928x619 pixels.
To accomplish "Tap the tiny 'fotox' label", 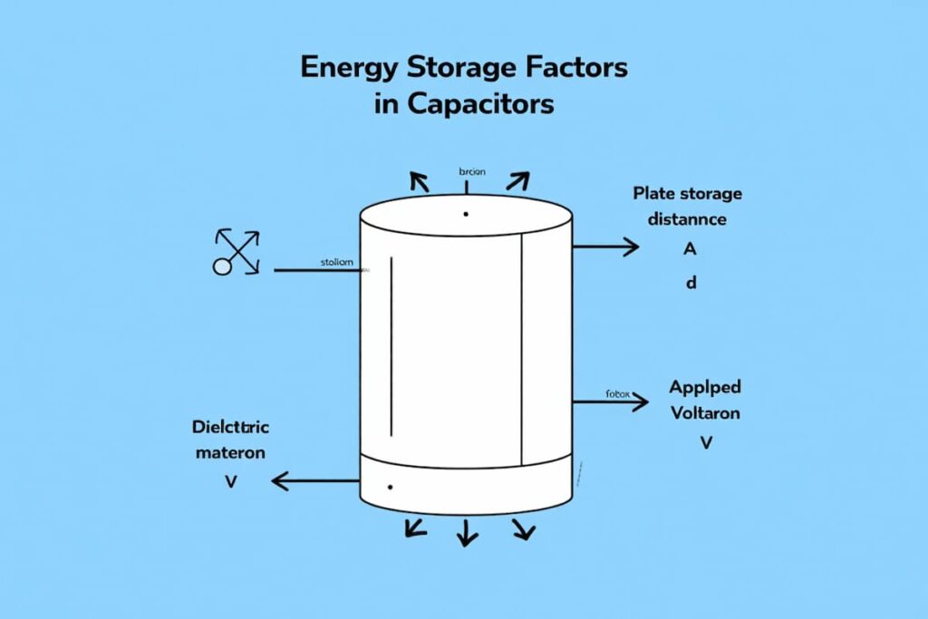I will click(616, 394).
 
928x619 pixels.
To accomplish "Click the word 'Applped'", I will click(704, 387).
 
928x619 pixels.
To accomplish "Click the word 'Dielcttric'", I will click(231, 426).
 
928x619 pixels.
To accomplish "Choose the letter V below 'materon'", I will click(230, 481).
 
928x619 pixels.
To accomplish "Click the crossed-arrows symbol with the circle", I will click(237, 251).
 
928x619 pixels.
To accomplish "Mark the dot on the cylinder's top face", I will click(465, 214).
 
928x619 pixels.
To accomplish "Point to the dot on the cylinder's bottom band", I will click(389, 487).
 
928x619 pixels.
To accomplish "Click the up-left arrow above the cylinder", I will click(419, 179).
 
